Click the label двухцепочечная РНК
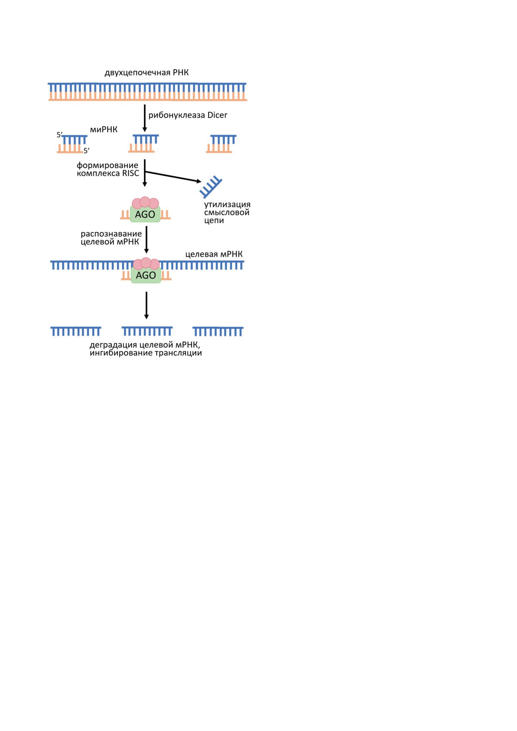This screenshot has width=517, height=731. (146, 73)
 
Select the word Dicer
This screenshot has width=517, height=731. (217, 115)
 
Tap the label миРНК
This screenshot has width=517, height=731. (104, 130)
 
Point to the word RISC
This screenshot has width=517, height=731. (131, 173)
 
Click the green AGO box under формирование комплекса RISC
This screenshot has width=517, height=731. (145, 214)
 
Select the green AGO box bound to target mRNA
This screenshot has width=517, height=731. (146, 275)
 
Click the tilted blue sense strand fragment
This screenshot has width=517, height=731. (211, 187)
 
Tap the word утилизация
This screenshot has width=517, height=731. (227, 205)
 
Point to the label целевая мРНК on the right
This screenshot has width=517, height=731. (214, 254)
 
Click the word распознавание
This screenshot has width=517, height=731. (111, 234)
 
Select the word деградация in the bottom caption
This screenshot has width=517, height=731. (113, 345)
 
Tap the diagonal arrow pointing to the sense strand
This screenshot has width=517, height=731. (173, 177)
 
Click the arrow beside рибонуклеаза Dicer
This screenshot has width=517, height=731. (145, 118)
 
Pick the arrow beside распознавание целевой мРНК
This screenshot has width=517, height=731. (146, 240)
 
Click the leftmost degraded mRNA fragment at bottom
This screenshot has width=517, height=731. (76, 331)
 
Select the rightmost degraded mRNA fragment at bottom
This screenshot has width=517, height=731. (218, 331)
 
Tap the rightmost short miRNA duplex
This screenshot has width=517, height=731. (221, 144)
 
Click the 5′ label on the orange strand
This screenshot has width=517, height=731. (87, 151)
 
